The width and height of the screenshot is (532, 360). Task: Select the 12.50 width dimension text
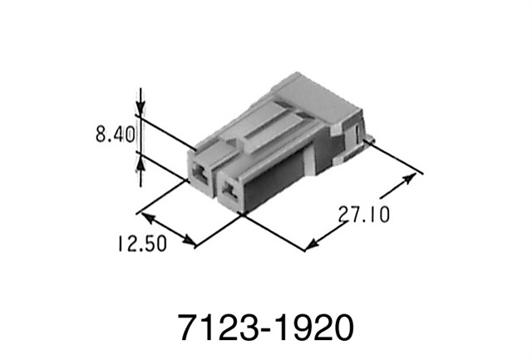coord(142,244)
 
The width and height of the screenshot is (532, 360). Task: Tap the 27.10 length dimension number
coord(363,215)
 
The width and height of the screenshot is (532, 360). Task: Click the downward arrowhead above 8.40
coord(140,107)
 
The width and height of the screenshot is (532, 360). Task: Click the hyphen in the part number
coord(264,328)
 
